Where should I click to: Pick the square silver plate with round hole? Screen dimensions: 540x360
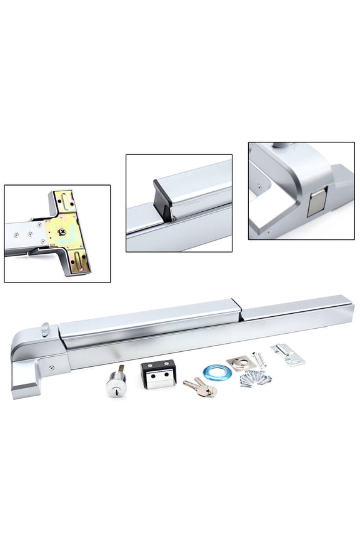[238, 362]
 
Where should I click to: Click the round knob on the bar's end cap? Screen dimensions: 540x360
[46, 327]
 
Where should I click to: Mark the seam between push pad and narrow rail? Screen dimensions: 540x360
[239, 312]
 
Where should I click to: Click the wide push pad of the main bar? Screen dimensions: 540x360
[150, 324]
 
